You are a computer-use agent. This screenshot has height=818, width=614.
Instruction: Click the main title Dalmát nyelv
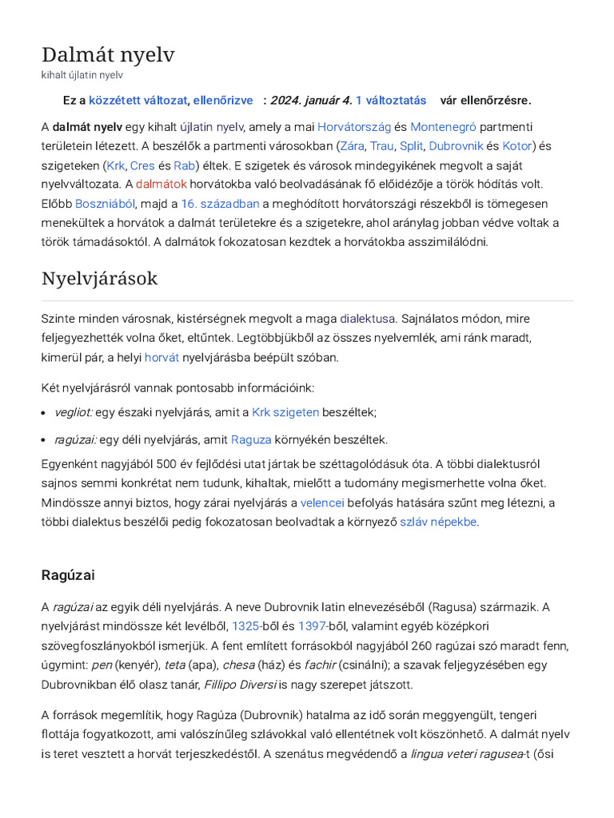coord(108,54)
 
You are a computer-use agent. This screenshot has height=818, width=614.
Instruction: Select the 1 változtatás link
coord(391,100)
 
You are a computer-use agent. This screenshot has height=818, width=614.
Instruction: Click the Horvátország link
coord(354,126)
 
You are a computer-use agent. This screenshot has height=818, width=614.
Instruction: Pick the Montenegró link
coord(443,126)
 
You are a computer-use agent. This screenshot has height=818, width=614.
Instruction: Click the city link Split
coord(411,146)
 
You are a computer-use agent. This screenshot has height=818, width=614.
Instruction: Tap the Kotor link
coord(516,146)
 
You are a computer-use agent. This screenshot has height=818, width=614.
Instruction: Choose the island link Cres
coord(142,165)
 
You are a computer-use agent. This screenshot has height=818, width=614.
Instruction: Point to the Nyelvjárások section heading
coord(99,279)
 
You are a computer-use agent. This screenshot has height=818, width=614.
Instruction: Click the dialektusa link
coord(367,318)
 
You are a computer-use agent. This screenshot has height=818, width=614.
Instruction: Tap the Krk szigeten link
coord(285,412)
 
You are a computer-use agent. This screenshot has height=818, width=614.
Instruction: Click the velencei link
coord(322,502)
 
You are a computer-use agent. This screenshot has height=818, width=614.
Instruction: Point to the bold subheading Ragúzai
coord(68,574)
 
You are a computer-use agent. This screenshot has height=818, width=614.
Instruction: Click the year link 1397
coord(312,626)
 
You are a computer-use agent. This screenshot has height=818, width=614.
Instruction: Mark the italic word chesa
coord(238,665)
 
